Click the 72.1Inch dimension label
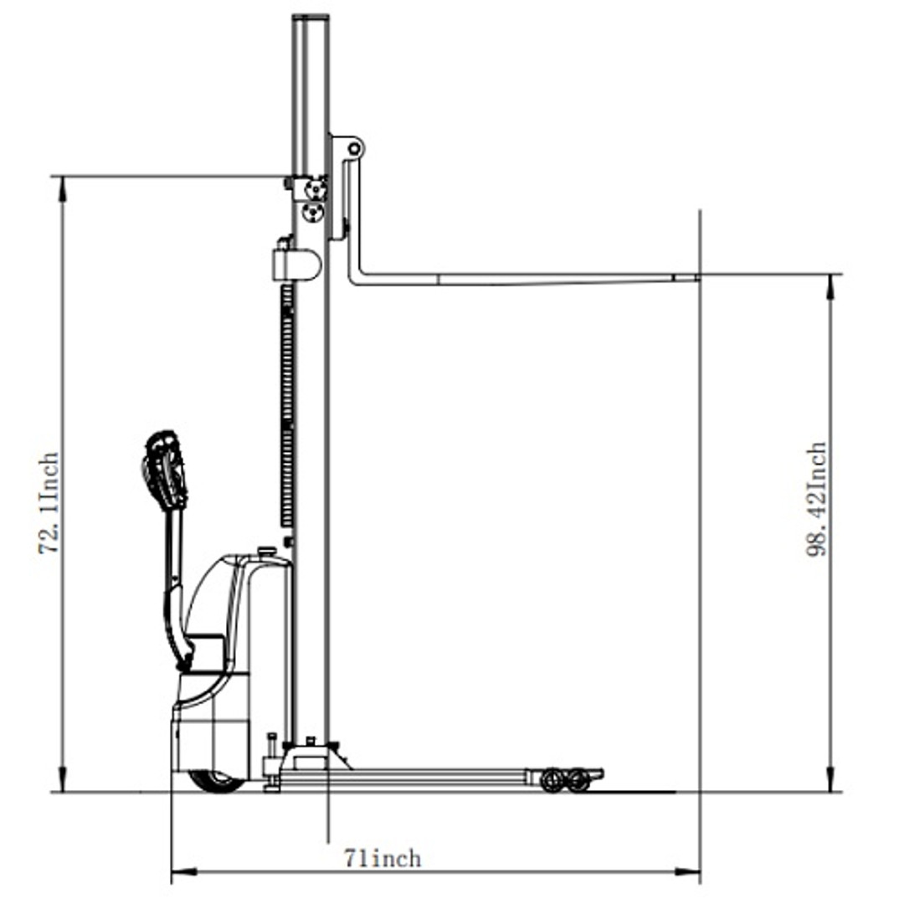coord(49,503)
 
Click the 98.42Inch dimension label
coord(816,499)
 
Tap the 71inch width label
coord(383,859)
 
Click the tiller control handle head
coord(165,470)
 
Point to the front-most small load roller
coord(578,781)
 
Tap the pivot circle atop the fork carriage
coord(354,149)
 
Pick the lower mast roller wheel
coord(313,212)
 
